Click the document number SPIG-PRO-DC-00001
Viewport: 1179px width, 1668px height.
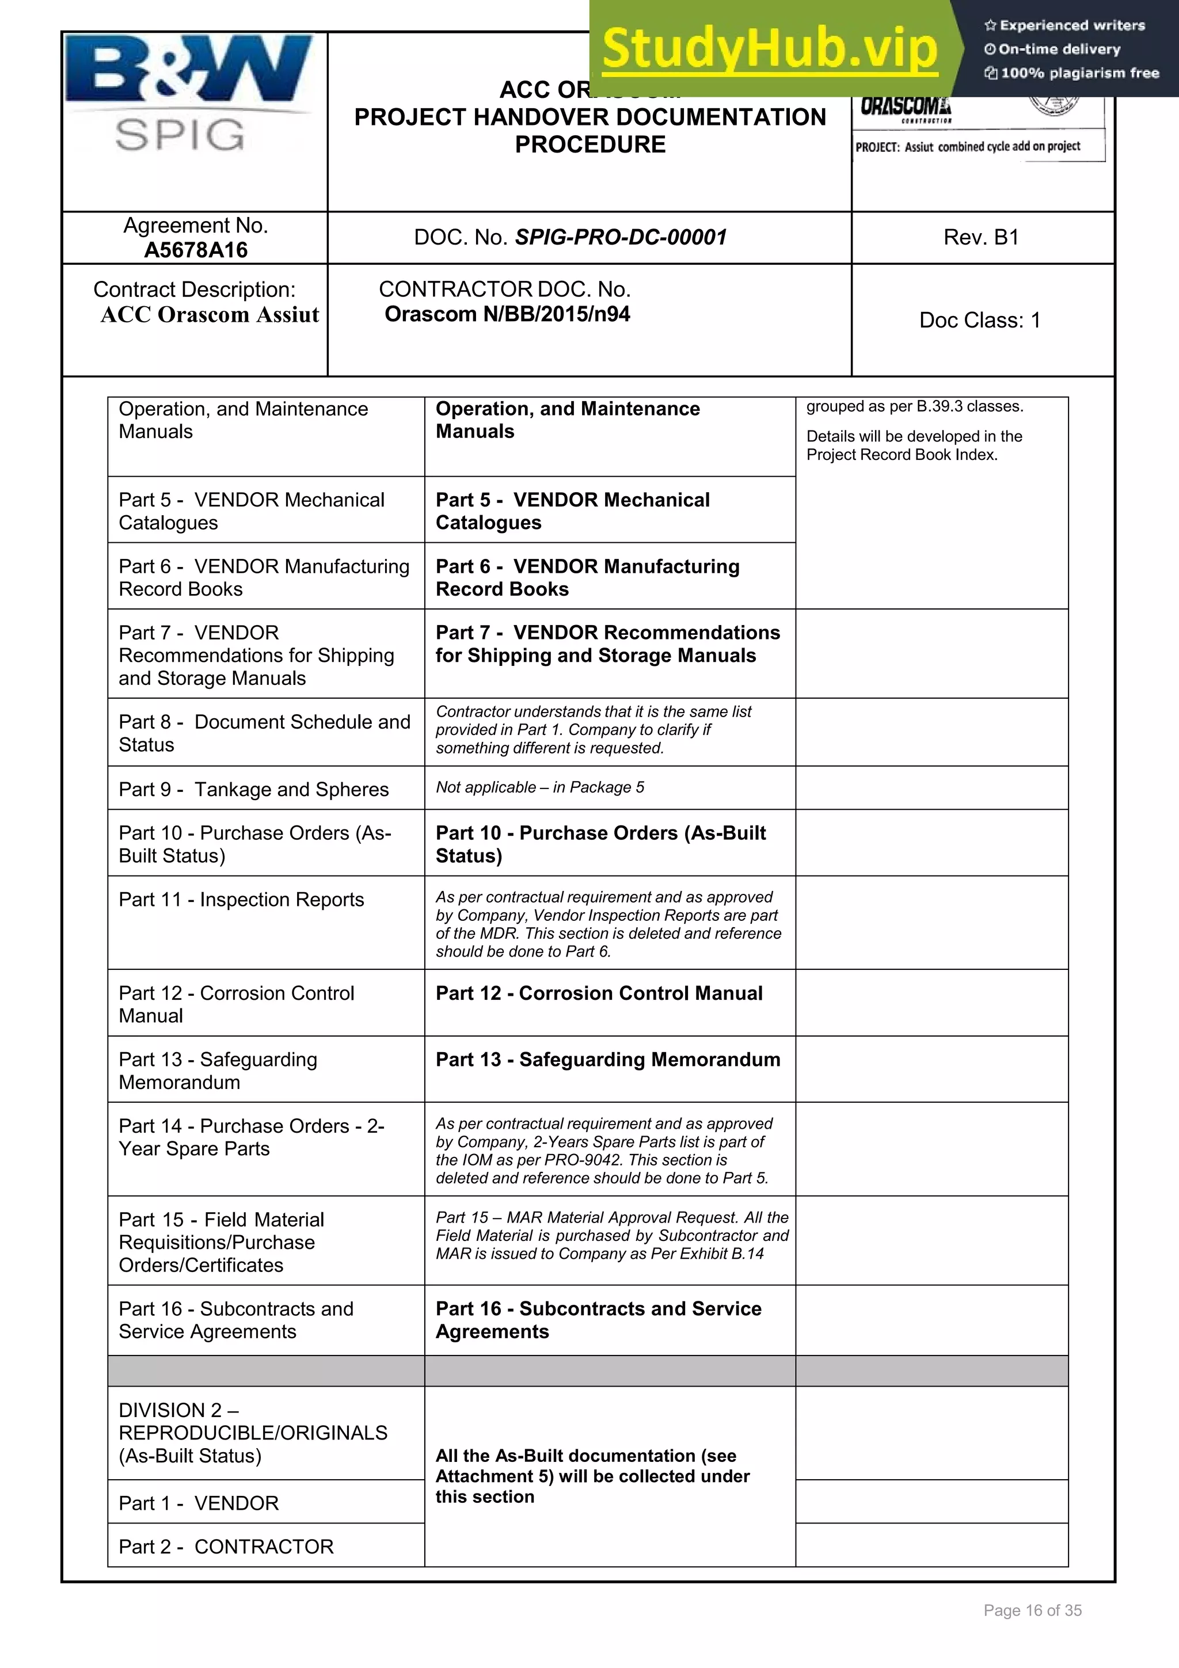(621, 237)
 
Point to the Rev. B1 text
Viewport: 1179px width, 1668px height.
(981, 237)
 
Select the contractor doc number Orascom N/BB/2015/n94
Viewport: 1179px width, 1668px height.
(507, 314)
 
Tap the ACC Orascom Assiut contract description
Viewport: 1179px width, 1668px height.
(209, 315)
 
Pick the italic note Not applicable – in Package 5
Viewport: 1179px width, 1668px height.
(540, 787)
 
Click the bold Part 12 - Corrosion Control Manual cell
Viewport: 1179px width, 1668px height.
(599, 993)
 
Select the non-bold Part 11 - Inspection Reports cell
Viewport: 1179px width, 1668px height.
(241, 900)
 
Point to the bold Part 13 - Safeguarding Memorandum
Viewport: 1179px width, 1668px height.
(607, 1059)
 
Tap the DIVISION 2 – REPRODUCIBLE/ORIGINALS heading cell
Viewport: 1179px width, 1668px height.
(253, 1433)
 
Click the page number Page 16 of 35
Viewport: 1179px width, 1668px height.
(1032, 1610)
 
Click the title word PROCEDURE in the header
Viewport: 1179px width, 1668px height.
(590, 144)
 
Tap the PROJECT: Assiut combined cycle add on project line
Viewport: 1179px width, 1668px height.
(967, 147)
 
